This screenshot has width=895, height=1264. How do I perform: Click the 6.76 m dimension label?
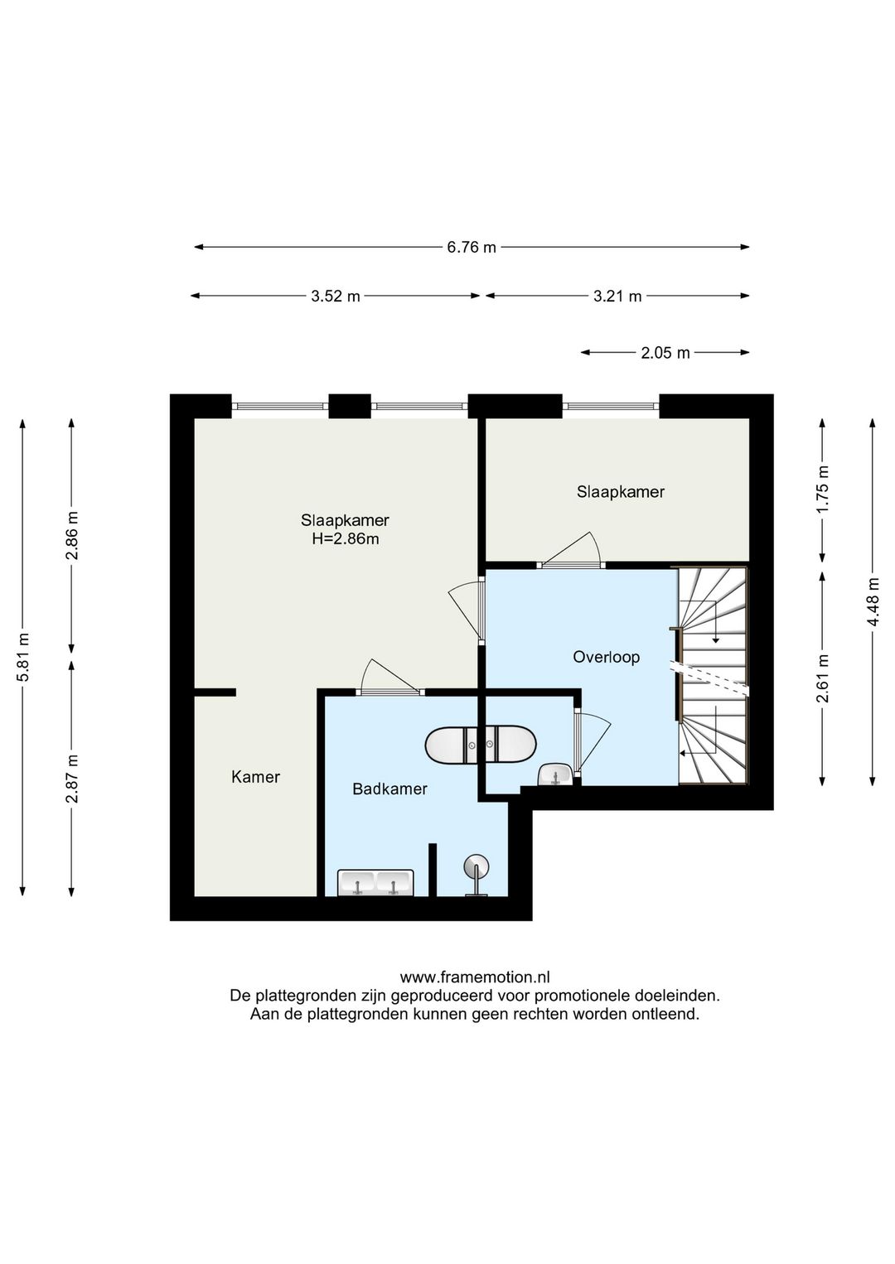[472, 247]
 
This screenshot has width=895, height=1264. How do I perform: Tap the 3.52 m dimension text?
[336, 296]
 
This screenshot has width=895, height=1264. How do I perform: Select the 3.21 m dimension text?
[617, 296]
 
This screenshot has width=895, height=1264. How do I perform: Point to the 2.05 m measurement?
[665, 353]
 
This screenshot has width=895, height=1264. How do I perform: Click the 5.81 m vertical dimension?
[22, 657]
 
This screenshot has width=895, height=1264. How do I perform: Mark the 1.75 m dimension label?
[823, 489]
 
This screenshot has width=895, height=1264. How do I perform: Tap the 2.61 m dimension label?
[823, 678]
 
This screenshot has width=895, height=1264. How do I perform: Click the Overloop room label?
[606, 658]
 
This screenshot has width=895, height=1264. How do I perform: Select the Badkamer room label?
[389, 789]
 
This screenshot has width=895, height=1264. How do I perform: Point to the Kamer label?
[256, 777]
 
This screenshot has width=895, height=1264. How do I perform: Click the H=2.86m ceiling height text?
[346, 539]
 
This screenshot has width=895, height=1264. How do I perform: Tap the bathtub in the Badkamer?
[481, 745]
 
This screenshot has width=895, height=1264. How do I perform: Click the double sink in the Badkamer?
[375, 882]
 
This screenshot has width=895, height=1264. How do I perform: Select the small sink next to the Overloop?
[555, 774]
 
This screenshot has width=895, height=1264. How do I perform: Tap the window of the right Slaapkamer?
[611, 405]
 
